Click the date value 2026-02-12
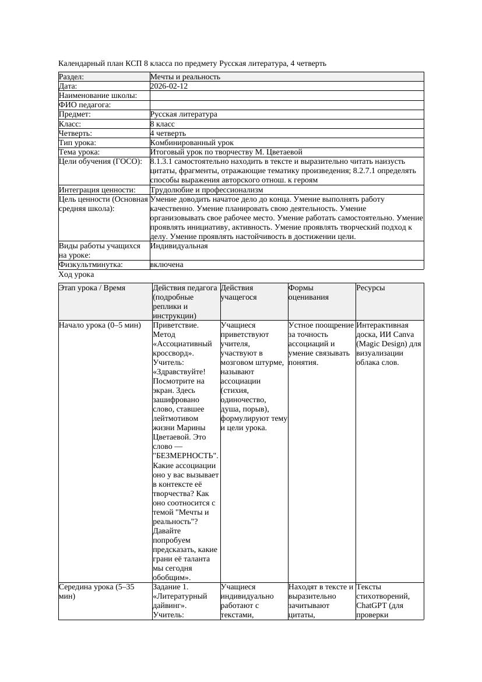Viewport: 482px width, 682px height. (x=169, y=86)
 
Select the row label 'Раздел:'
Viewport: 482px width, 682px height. (x=72, y=77)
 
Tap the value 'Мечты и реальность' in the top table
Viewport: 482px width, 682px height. (x=185, y=77)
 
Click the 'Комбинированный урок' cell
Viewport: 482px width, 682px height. (x=192, y=143)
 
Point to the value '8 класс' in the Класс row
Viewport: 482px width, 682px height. (x=163, y=124)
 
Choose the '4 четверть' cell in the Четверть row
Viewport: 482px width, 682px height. (x=168, y=133)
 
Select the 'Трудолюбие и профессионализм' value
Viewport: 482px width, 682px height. (x=206, y=190)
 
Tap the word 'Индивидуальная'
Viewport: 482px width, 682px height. (x=179, y=246)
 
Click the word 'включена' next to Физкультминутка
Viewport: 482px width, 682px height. (x=167, y=265)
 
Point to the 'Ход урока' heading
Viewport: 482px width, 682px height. (x=76, y=275)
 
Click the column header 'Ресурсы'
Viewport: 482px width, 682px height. (x=370, y=288)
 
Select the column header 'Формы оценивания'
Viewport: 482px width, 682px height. (x=309, y=292)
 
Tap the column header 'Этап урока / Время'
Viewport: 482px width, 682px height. (x=92, y=288)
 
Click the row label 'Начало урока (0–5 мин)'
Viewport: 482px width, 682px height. (x=100, y=325)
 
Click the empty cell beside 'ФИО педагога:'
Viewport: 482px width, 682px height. (x=286, y=105)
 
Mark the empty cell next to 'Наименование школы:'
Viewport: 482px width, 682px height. (x=286, y=96)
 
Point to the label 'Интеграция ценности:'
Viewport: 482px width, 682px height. (x=97, y=190)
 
